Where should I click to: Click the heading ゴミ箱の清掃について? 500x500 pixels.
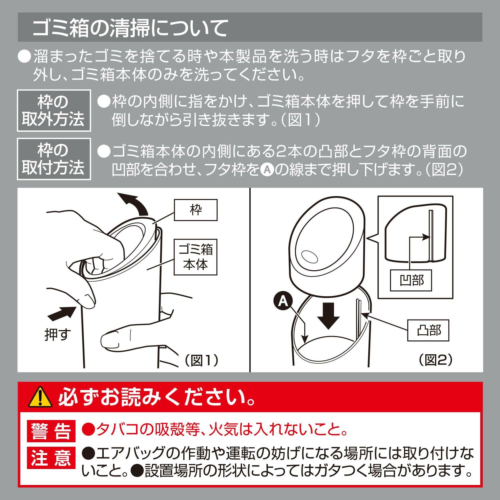pyautogui.click(x=130, y=28)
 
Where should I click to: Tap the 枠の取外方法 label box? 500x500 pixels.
pyautogui.click(x=54, y=110)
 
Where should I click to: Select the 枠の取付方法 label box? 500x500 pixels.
pyautogui.click(x=54, y=159)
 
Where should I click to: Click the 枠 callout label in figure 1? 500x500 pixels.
pyautogui.click(x=196, y=210)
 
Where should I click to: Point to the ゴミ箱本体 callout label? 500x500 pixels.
pyautogui.click(x=195, y=257)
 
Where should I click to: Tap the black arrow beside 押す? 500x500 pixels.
pyautogui.click(x=62, y=313)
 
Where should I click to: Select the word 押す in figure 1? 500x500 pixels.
pyautogui.click(x=58, y=334)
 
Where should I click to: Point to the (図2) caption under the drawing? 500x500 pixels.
pyautogui.click(x=436, y=360)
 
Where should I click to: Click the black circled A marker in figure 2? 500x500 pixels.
pyautogui.click(x=283, y=301)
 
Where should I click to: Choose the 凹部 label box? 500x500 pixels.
pyautogui.click(x=411, y=280)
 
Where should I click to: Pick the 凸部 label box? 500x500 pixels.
pyautogui.click(x=428, y=330)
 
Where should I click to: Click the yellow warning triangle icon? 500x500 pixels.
pyautogui.click(x=40, y=397)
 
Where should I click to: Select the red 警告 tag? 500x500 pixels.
pyautogui.click(x=51, y=431)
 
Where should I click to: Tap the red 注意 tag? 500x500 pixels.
pyautogui.click(x=51, y=457)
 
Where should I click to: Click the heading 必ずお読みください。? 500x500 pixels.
pyautogui.click(x=157, y=397)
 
